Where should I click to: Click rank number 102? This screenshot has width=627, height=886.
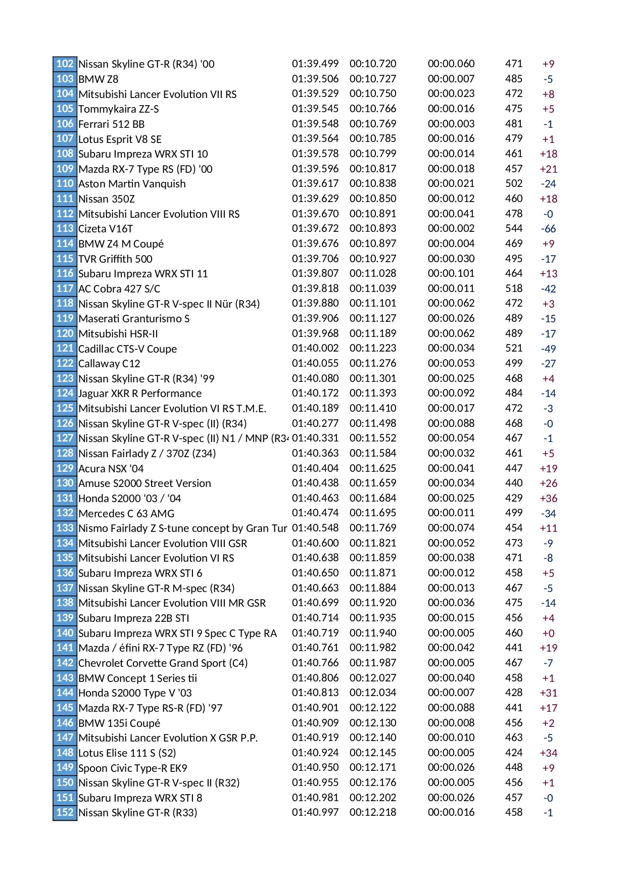[x=65, y=64]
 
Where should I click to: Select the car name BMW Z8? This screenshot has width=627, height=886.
[x=98, y=79]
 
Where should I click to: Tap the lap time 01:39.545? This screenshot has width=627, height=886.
[x=315, y=109]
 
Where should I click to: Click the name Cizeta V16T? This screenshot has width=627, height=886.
[x=105, y=229]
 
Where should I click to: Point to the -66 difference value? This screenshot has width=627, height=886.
[x=548, y=229]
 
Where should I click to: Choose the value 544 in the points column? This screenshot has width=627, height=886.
[x=513, y=228]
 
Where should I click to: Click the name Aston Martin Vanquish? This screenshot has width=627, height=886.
[x=132, y=184]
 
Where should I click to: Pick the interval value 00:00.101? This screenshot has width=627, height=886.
[x=451, y=273]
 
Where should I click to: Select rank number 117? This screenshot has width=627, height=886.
[x=65, y=288]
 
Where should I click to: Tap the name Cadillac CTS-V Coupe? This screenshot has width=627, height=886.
[x=127, y=349]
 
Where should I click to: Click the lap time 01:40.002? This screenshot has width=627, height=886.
[x=315, y=348]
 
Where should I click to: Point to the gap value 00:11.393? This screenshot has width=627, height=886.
[x=372, y=393]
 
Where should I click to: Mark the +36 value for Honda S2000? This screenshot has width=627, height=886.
[x=548, y=499]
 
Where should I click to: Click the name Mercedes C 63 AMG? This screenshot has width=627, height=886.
[x=126, y=514]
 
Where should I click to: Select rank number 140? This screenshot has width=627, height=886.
[x=65, y=633]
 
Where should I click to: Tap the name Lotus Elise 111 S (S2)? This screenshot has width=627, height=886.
[x=127, y=753]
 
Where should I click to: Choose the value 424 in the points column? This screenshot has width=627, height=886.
[x=513, y=753]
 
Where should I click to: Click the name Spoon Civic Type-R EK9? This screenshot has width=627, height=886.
[x=132, y=768]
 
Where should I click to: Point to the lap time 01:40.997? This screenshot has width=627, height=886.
[x=315, y=812]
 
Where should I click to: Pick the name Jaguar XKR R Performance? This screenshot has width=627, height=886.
[x=139, y=393]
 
